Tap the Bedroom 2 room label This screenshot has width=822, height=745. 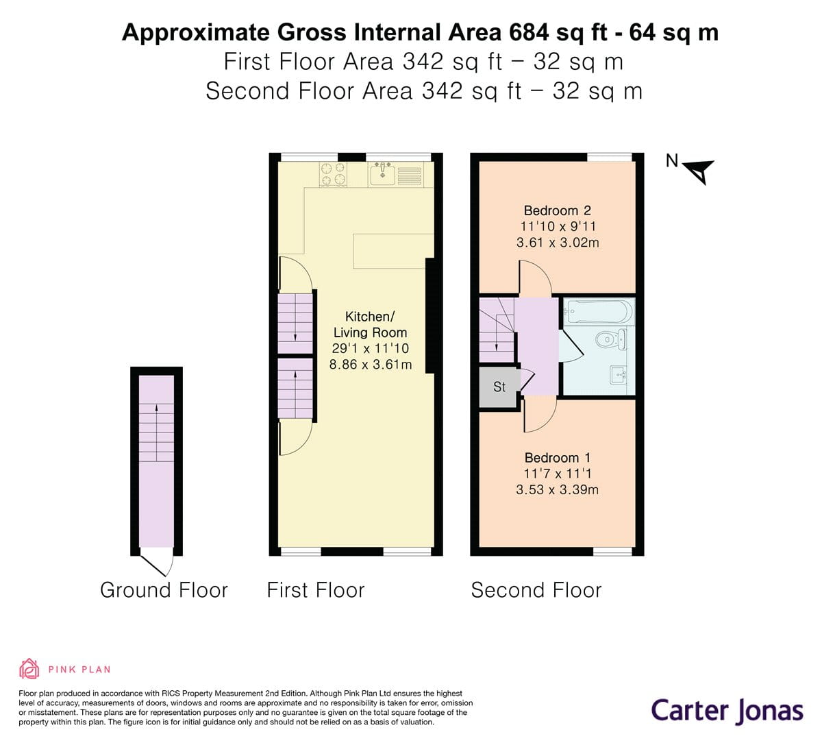557,210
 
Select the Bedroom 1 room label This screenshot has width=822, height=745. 557,458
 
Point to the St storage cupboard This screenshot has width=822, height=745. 499,387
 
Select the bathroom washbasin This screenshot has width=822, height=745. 618,374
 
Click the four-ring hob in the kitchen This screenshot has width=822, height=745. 333,174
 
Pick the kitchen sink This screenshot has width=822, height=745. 382,174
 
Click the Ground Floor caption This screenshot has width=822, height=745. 164,590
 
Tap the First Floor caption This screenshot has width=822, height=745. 316,590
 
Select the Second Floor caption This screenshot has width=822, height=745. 536,590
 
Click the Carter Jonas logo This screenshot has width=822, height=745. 727,710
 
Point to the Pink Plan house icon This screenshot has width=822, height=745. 29,669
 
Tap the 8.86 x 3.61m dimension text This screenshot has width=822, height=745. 371,365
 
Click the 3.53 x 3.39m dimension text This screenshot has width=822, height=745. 557,489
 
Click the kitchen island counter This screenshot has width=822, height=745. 393,251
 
